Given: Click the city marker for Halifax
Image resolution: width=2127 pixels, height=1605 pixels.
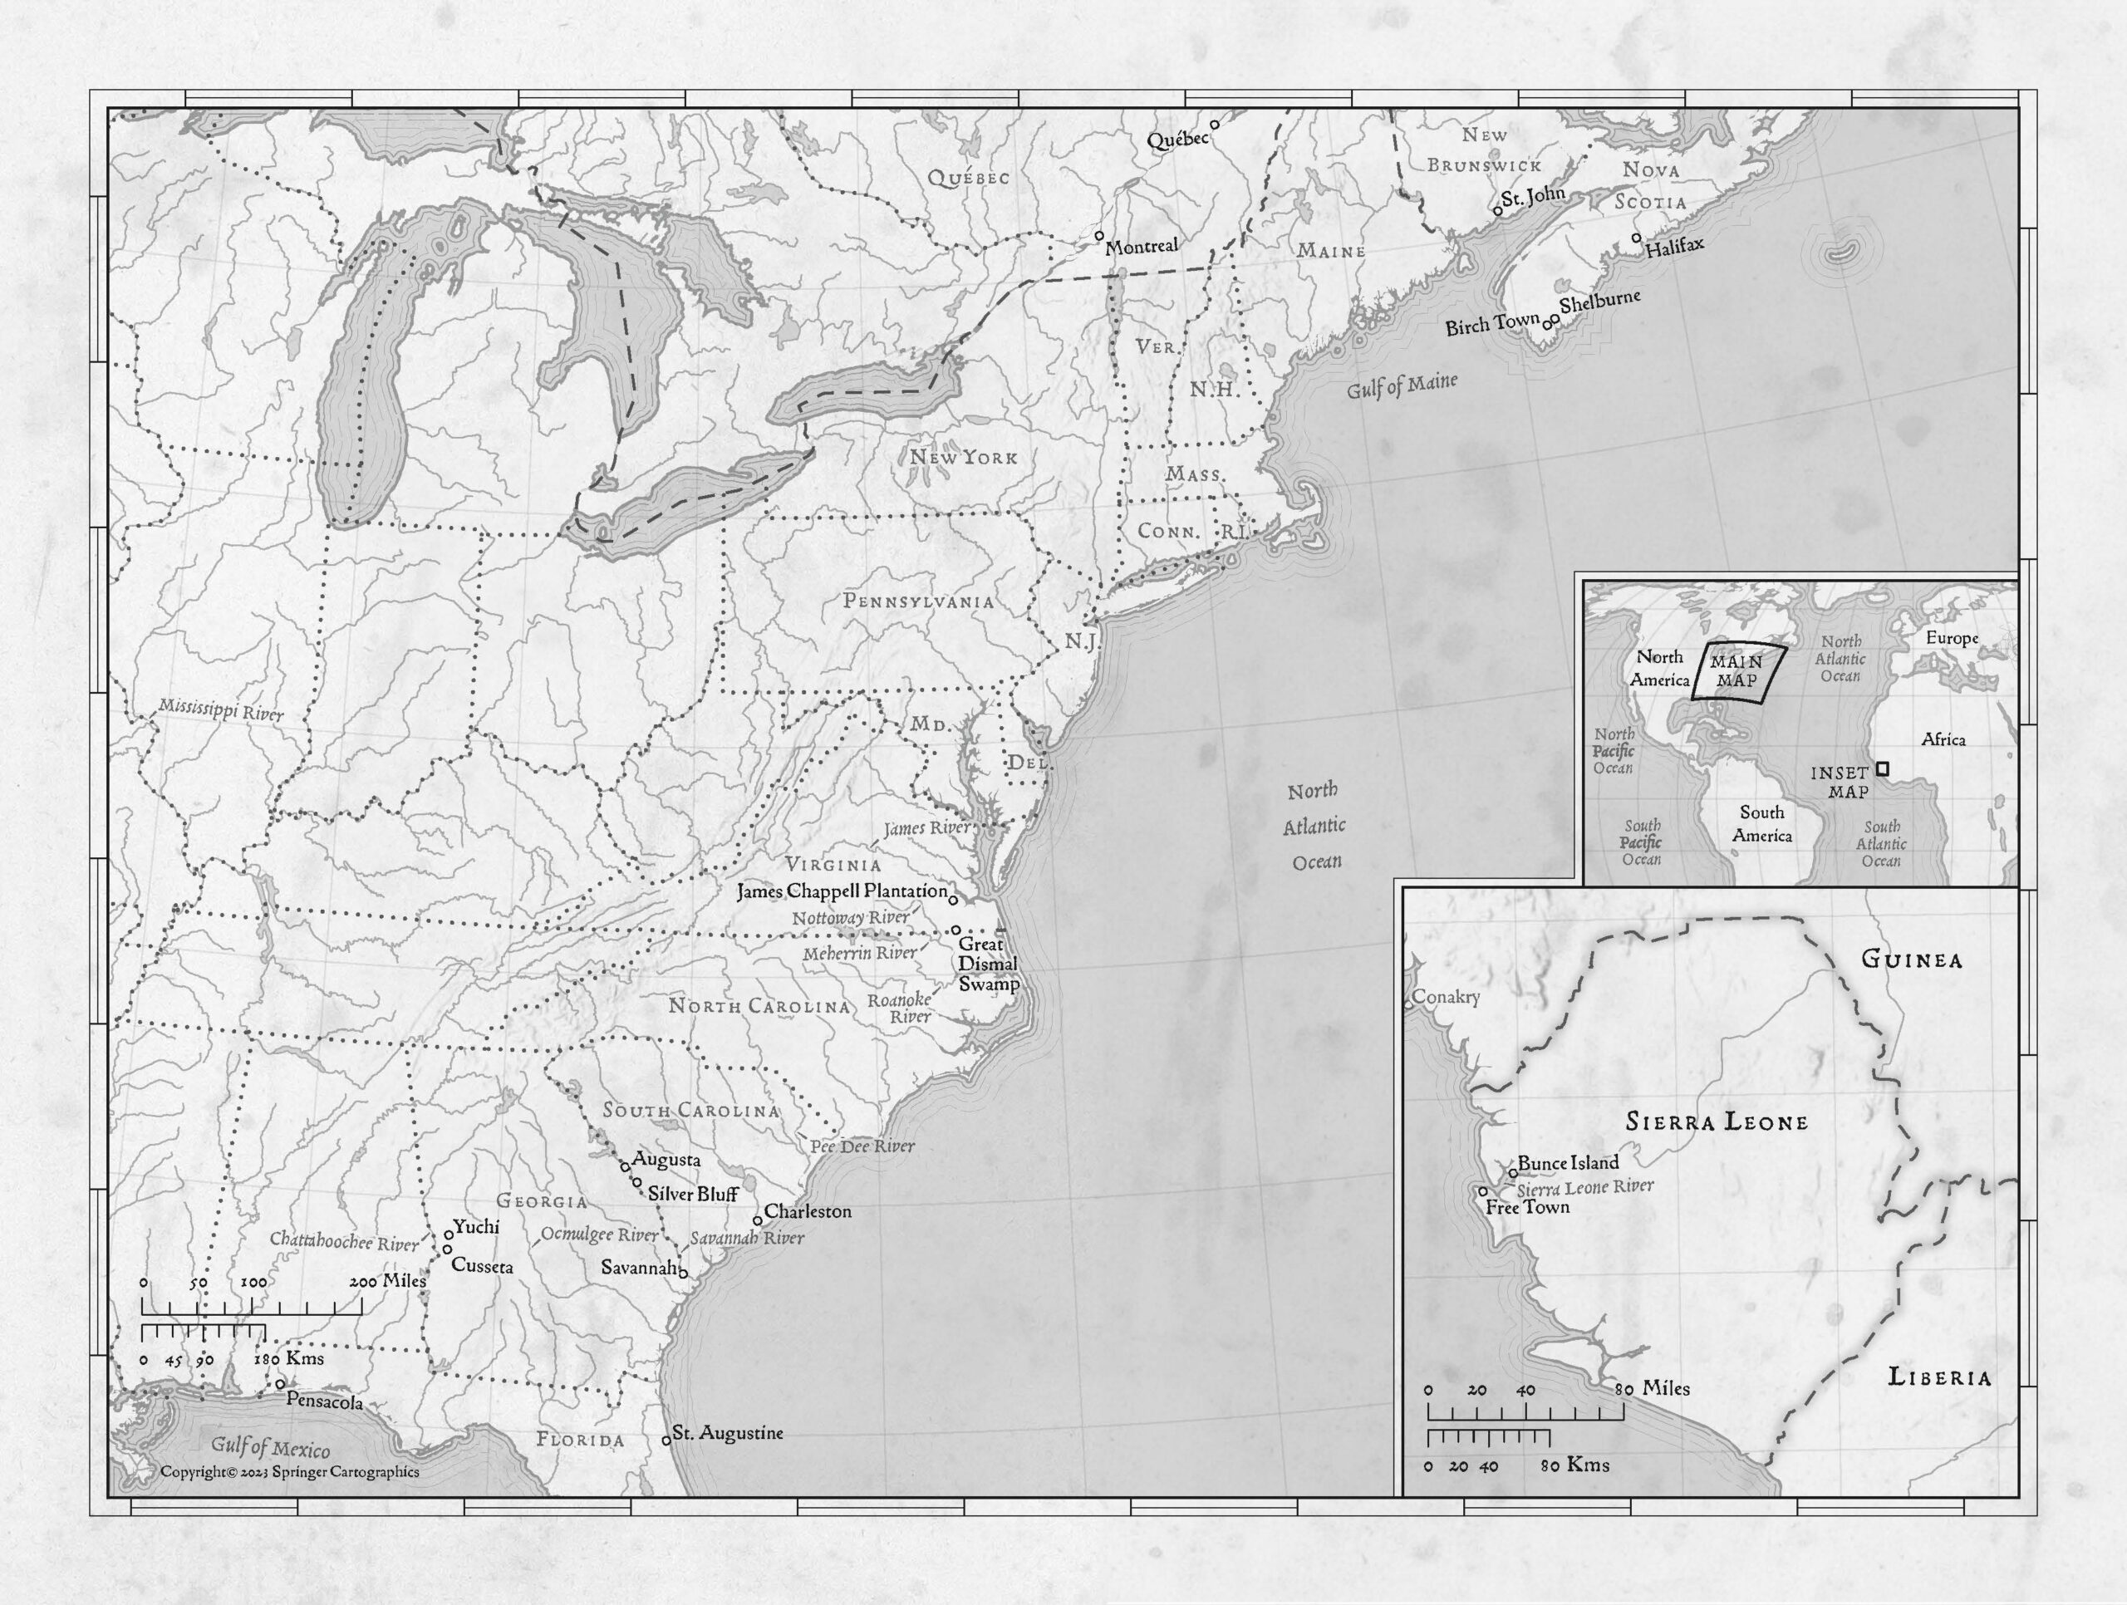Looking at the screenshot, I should pyautogui.click(x=1637, y=238).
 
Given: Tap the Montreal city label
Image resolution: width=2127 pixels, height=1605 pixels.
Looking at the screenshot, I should pyautogui.click(x=1141, y=247).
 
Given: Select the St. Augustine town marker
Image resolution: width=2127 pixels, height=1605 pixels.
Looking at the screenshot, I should pyautogui.click(x=666, y=1441).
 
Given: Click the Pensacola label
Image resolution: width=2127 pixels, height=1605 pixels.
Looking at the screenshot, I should pyautogui.click(x=324, y=1402).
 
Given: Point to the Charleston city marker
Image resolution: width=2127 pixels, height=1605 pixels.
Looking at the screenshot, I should pyautogui.click(x=758, y=1220).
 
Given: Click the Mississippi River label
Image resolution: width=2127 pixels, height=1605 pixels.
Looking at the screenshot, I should pyautogui.click(x=221, y=709).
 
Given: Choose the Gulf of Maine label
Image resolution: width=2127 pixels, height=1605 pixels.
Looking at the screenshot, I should pyautogui.click(x=1401, y=385).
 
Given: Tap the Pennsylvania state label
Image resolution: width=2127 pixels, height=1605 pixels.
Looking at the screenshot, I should pyautogui.click(x=918, y=601).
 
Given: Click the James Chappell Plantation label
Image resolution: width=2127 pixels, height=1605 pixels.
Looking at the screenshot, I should pyautogui.click(x=842, y=891).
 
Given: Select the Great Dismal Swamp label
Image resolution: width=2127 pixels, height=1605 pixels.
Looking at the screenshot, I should pyautogui.click(x=988, y=964).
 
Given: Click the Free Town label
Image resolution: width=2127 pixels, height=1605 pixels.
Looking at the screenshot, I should pyautogui.click(x=1527, y=1207).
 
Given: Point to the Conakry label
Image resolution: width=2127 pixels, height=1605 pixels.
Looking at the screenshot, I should pyautogui.click(x=1447, y=997).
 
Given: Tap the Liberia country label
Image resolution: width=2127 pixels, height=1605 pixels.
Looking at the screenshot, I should pyautogui.click(x=1938, y=1377).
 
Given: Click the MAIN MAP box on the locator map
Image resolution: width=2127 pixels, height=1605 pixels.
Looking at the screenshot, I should pyautogui.click(x=1737, y=670).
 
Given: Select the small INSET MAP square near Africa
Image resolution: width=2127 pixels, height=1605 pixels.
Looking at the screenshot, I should pyautogui.click(x=1882, y=768).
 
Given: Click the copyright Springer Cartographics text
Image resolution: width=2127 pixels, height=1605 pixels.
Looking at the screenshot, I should pyautogui.click(x=289, y=1471).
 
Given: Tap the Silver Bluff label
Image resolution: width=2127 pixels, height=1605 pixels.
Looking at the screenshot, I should pyautogui.click(x=692, y=1194).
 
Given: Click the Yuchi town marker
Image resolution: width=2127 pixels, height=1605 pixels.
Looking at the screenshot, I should pyautogui.click(x=448, y=1234).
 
